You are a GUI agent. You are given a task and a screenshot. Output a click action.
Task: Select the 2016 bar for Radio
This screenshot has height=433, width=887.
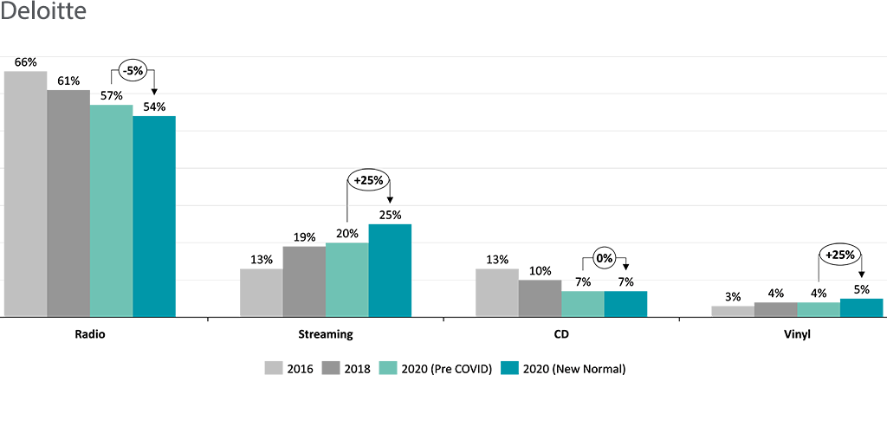click(26, 194)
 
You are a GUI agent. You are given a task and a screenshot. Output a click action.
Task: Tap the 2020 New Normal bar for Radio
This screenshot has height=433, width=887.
click(154, 216)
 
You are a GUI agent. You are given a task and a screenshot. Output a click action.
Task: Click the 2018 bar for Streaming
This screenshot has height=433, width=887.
click(304, 281)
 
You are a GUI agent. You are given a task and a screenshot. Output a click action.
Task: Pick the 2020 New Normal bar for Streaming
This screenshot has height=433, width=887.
click(390, 270)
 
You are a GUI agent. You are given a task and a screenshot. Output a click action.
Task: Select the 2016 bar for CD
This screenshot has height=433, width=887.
click(496, 293)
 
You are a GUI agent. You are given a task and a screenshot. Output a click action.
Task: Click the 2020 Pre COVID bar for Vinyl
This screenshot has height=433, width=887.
click(819, 309)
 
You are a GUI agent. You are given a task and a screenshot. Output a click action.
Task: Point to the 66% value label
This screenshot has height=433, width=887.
click(26, 62)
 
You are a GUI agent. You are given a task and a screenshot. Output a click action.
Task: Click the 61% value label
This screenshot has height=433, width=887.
click(68, 81)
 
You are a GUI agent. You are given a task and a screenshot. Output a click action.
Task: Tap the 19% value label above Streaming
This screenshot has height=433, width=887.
click(304, 237)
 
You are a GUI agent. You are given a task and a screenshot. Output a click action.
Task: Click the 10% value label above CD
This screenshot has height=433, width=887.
click(540, 271)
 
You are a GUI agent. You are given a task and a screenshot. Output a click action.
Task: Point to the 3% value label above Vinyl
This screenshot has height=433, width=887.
click(733, 297)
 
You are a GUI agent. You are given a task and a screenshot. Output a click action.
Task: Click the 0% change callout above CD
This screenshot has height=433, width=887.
click(605, 258)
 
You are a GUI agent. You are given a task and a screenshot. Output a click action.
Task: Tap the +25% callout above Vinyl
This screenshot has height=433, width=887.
click(840, 256)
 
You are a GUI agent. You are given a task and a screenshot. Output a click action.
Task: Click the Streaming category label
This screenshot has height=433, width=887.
click(325, 333)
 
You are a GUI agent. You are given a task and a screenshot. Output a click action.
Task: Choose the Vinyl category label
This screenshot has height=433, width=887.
click(796, 333)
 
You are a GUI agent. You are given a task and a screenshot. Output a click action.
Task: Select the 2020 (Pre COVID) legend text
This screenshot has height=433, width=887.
click(446, 368)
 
